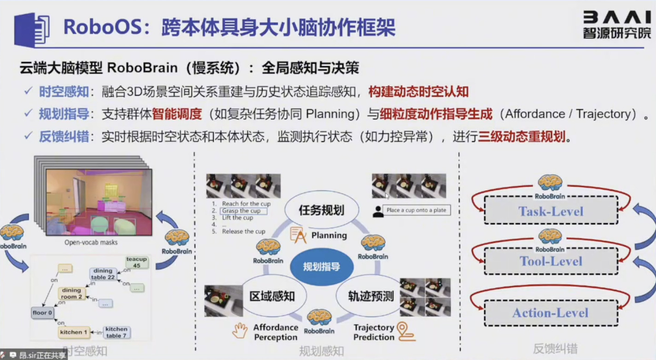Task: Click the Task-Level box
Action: (551, 211)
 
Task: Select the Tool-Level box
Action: (551, 261)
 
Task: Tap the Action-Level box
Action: (551, 313)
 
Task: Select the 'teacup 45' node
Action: (136, 262)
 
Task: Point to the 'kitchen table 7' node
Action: (116, 332)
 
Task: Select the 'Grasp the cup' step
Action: (244, 211)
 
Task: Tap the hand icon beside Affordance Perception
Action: (240, 331)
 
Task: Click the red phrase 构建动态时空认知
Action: (418, 92)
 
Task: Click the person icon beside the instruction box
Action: (378, 211)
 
